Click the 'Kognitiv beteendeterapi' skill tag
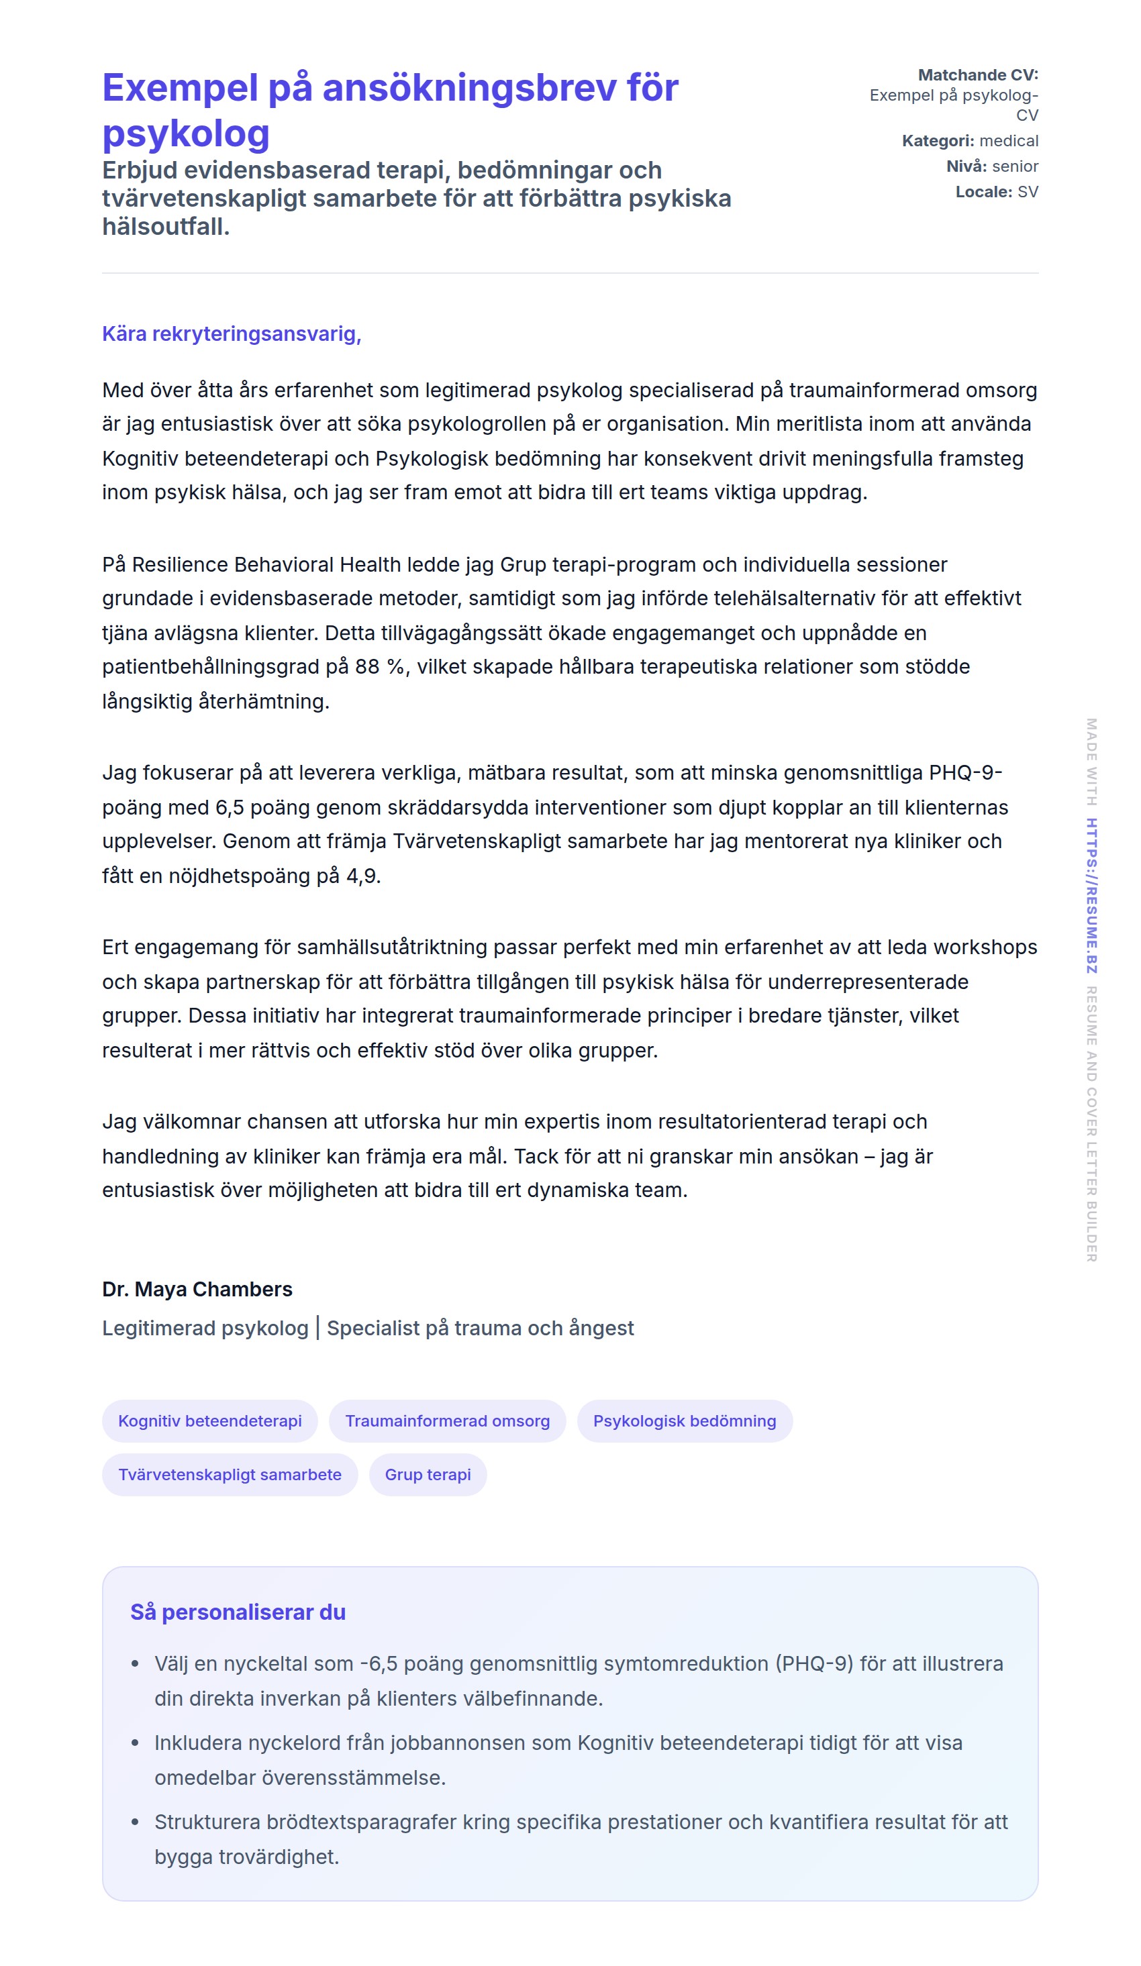click(210, 1420)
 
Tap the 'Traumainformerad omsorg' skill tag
click(447, 1420)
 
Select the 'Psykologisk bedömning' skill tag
click(685, 1420)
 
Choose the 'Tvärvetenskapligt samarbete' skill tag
click(230, 1475)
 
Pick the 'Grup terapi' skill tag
click(428, 1475)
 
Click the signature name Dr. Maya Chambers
click(197, 1289)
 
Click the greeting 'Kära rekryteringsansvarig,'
click(232, 334)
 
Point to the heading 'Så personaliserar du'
click(238, 1612)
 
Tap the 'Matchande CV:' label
click(978, 75)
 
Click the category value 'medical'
click(1008, 141)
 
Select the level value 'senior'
click(1015, 166)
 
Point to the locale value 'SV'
click(1027, 192)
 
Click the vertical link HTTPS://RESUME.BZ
click(1092, 896)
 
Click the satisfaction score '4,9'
click(362, 876)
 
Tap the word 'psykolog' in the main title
click(186, 134)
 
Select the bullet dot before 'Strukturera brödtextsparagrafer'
click(135, 1822)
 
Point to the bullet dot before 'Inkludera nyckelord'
click(135, 1743)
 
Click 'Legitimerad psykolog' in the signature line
click(205, 1328)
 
